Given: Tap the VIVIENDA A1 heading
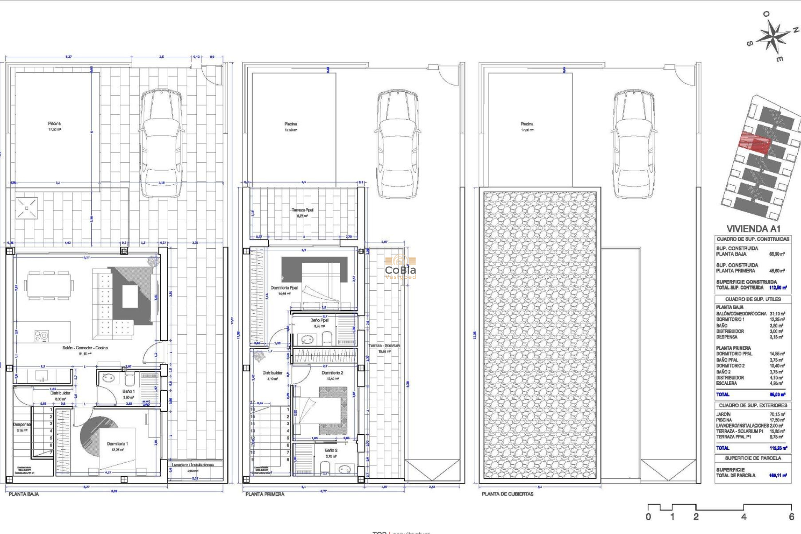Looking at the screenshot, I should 753,229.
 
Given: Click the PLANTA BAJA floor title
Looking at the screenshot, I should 24,494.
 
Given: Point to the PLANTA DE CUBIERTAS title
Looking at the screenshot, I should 507,494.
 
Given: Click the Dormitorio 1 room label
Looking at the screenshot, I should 117,444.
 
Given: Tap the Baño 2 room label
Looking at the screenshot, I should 331,451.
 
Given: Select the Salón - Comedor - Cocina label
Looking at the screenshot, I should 85,348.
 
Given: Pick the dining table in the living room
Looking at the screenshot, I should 48,286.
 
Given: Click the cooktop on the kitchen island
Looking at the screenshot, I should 41,335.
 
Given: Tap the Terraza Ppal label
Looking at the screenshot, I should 302,210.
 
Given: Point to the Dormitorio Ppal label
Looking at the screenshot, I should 284,288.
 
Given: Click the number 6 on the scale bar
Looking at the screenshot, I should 791,516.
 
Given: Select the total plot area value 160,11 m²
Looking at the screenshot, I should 778,475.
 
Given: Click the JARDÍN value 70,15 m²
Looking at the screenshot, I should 777,414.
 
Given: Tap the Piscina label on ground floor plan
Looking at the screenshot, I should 54,123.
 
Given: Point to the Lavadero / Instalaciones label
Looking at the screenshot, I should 193,465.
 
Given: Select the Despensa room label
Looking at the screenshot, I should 22,424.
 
